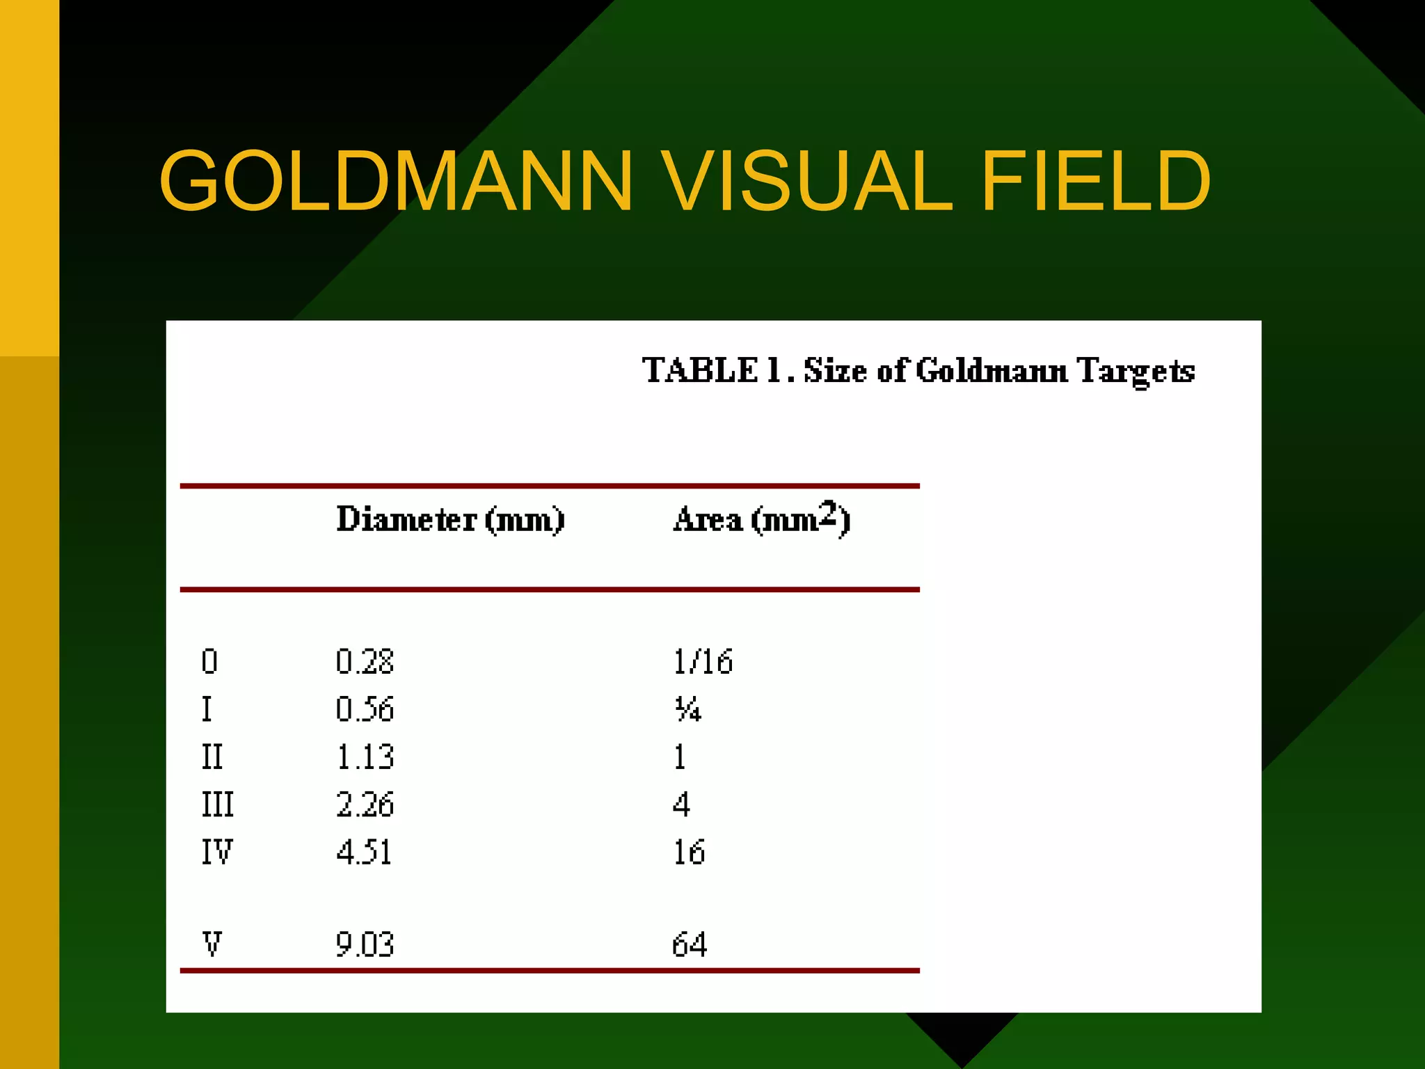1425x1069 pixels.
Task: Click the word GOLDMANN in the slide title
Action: pos(396,181)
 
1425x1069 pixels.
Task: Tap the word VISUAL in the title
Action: pos(806,181)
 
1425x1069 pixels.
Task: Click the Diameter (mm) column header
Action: pos(450,520)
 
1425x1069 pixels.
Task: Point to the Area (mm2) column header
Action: pos(761,518)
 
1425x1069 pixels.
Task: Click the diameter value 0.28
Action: pos(365,661)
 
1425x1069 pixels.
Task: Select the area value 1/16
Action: pos(703,661)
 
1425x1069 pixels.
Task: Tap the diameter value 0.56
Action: pos(365,709)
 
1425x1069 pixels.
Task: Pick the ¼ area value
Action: pos(687,709)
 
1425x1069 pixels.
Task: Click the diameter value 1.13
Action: pos(365,757)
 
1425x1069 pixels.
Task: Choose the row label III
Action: pos(217,805)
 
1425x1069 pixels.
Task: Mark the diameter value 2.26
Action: pos(365,805)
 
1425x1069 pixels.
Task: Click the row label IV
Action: pos(217,852)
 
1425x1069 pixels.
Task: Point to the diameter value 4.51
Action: pos(364,852)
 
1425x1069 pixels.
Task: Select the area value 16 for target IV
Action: pos(689,852)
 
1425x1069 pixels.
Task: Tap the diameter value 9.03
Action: pos(365,944)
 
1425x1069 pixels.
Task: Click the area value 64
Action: pos(689,944)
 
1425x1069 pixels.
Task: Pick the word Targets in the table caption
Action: pos(1136,371)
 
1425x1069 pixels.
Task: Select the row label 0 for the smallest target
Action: pos(209,661)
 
